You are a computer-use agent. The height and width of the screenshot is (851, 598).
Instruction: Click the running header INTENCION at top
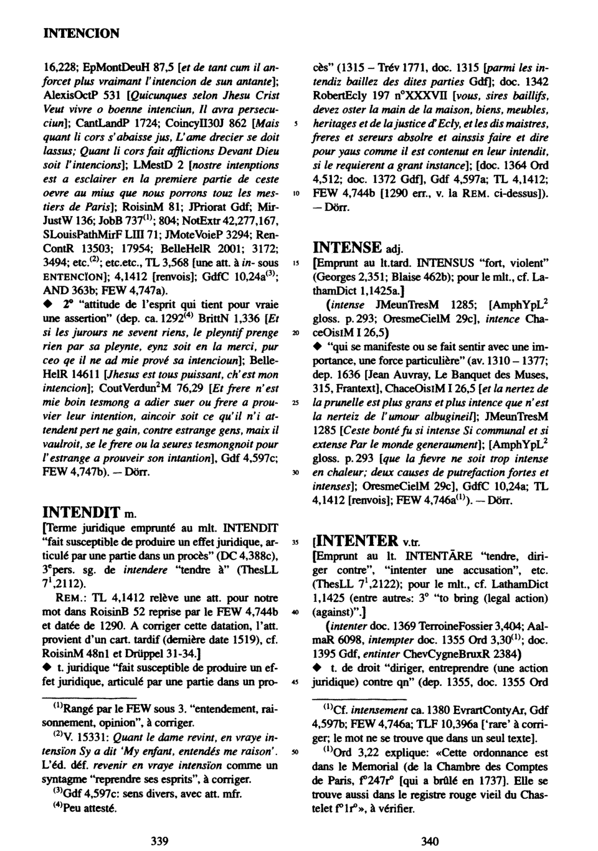click(x=80, y=33)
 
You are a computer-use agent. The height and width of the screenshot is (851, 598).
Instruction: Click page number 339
click(x=160, y=841)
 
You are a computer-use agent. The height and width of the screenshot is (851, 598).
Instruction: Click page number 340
click(x=430, y=841)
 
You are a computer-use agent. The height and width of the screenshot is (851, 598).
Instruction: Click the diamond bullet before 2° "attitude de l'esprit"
click(x=46, y=304)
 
